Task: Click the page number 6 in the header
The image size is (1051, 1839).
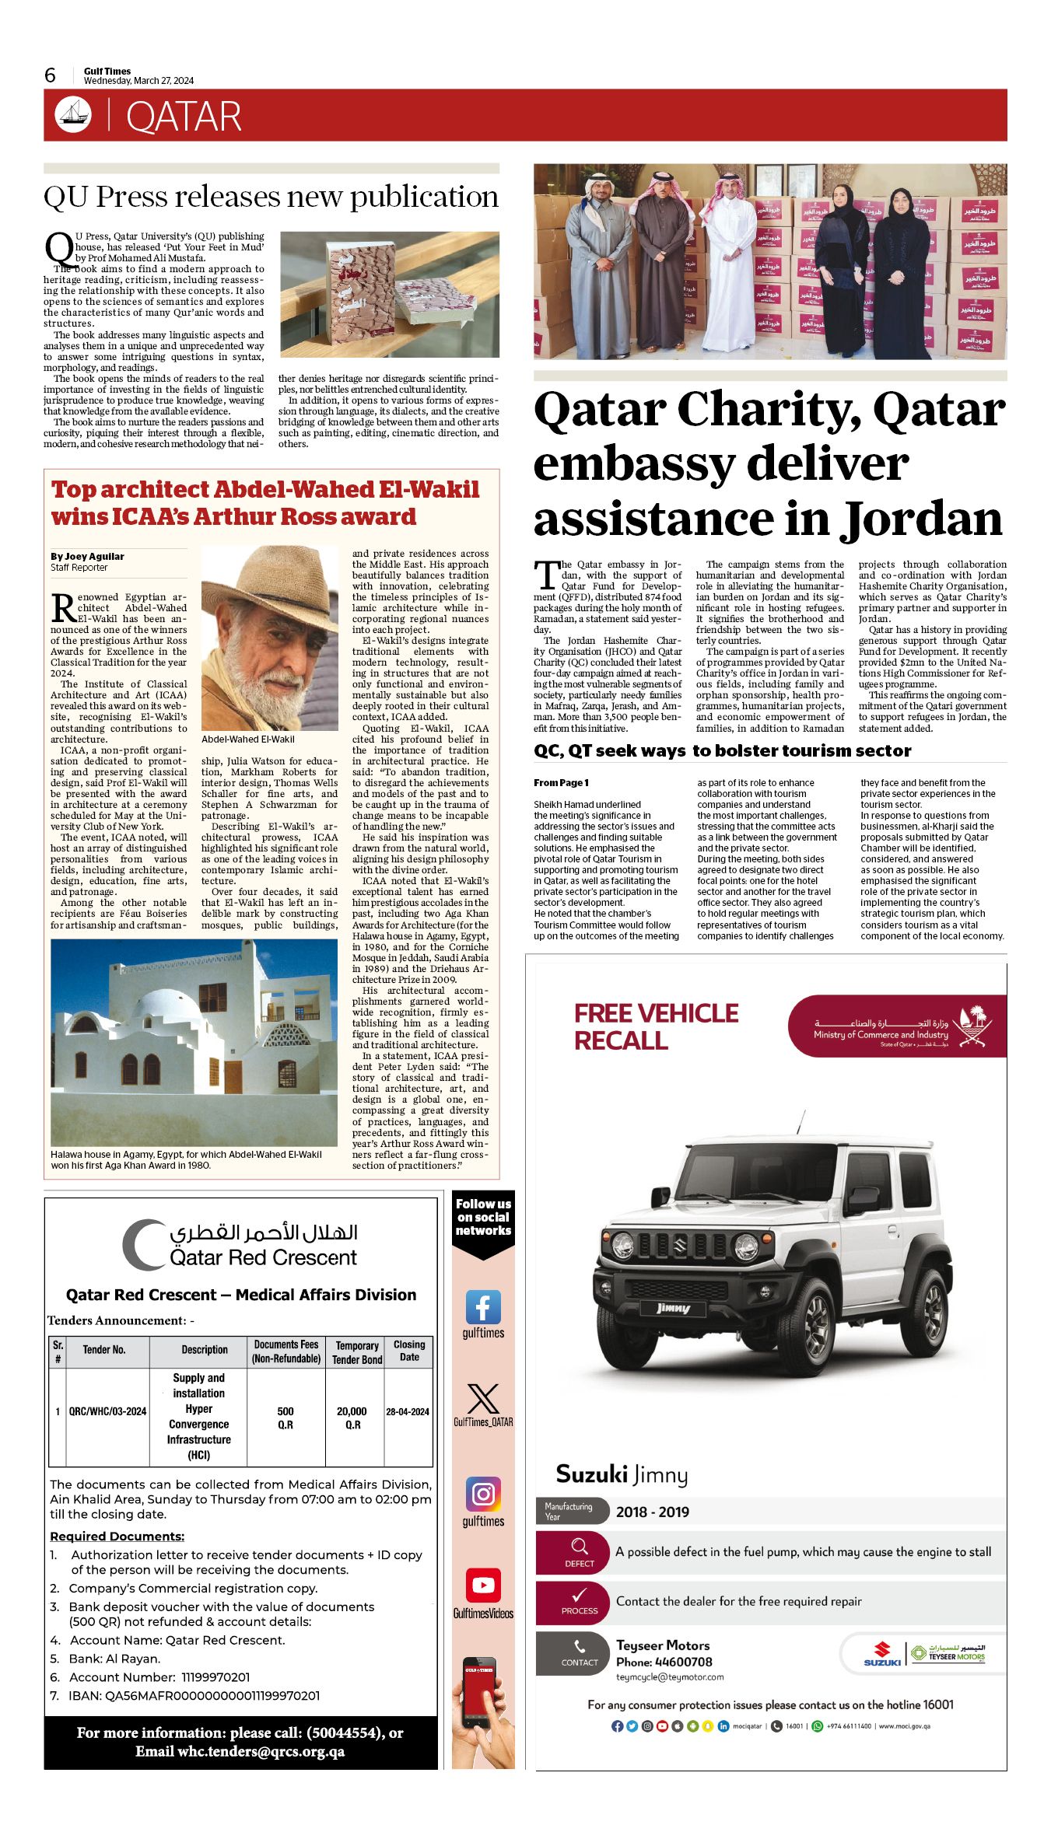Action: pos(51,75)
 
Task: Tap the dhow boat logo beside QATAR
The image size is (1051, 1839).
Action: pos(73,115)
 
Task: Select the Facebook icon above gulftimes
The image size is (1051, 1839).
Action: pos(483,1307)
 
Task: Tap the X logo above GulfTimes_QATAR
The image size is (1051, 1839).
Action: pos(483,1398)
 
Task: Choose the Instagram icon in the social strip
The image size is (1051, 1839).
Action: pos(483,1494)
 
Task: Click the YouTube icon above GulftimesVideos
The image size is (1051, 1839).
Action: pos(483,1585)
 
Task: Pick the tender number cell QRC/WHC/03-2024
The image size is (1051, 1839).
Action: pos(107,1411)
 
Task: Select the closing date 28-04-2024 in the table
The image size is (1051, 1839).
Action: pos(408,1411)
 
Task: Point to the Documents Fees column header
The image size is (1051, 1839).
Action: pos(286,1351)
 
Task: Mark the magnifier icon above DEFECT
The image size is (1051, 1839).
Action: pos(580,1545)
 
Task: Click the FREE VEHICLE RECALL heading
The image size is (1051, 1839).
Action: pos(656,1026)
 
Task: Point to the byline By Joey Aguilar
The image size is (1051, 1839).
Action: pos(87,557)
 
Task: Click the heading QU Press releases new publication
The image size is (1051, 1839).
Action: pos(271,198)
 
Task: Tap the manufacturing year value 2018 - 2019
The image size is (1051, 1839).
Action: pos(652,1512)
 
